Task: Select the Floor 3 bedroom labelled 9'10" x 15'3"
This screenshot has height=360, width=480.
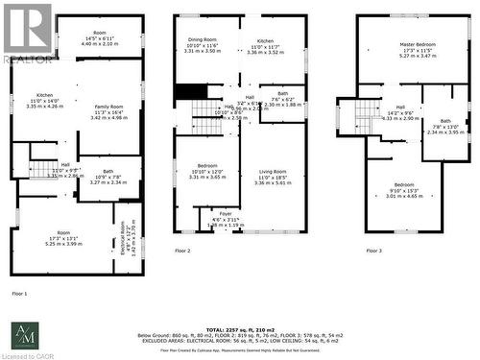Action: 403,189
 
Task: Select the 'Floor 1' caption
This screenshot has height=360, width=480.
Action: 19,293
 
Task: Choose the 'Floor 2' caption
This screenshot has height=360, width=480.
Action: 181,251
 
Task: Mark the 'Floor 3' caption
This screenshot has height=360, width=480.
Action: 373,251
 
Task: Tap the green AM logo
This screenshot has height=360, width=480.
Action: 23,335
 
